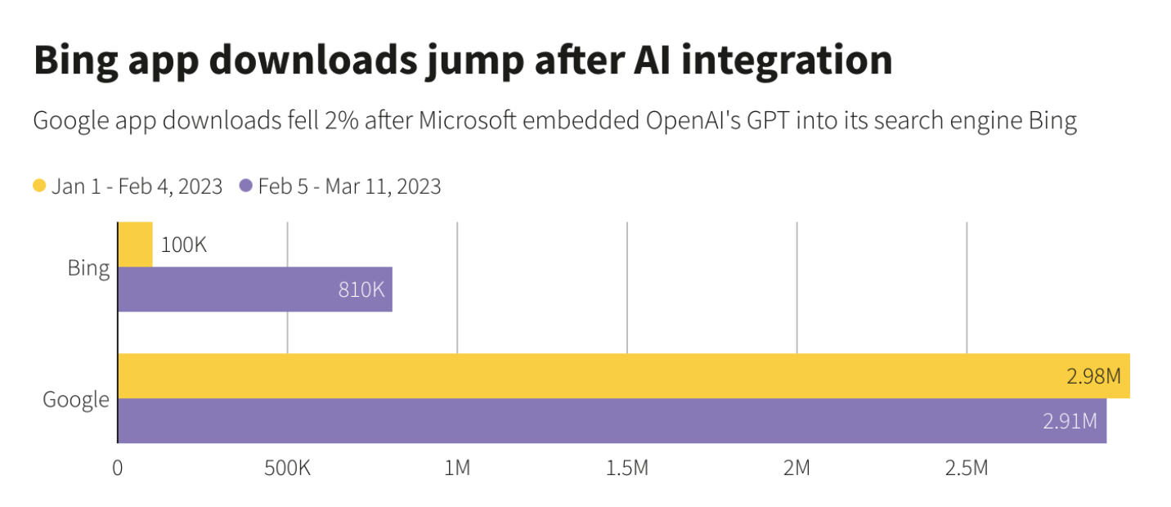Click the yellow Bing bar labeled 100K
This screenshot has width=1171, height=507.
point(135,244)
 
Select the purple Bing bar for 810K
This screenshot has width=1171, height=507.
point(254,289)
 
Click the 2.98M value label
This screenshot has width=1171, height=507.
point(1092,377)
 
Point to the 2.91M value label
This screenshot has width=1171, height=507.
point(1070,422)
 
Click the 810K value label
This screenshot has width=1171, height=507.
point(361,289)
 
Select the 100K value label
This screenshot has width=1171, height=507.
point(184,245)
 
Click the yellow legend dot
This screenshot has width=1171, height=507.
point(39,186)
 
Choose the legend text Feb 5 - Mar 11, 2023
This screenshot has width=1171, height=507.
point(349,186)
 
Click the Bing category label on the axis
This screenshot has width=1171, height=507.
point(88,268)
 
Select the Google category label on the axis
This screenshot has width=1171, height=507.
point(76,399)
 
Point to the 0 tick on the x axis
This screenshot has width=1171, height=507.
point(118,469)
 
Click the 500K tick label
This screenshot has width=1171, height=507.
point(287,469)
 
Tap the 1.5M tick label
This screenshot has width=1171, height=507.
point(627,469)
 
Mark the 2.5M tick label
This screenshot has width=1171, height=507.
point(967,469)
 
